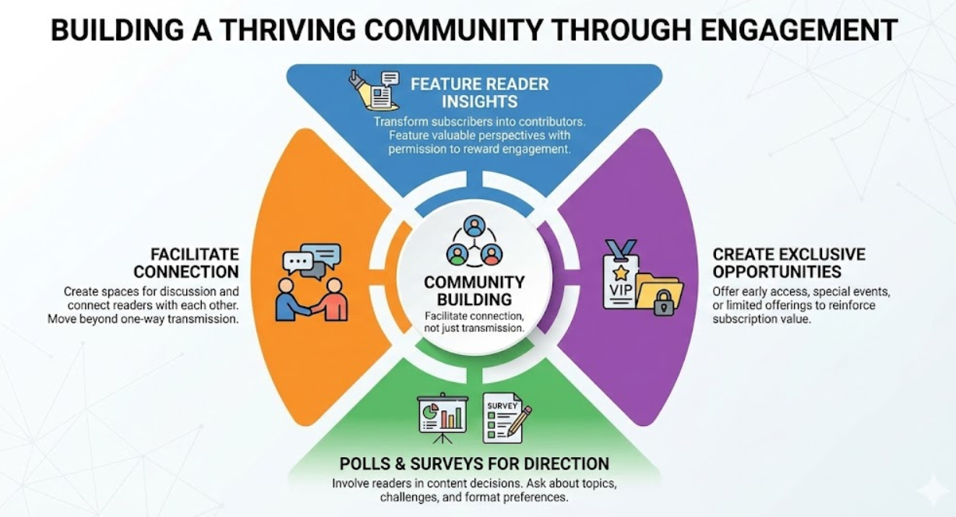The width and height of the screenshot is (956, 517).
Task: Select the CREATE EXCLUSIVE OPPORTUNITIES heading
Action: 788,263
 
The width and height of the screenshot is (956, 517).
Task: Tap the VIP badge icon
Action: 621,275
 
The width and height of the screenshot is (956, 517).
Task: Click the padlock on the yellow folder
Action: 664,304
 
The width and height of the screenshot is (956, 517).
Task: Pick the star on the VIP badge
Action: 620,273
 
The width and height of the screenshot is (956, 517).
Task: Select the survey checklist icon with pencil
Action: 506,417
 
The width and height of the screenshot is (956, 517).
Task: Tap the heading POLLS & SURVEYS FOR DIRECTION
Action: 474,463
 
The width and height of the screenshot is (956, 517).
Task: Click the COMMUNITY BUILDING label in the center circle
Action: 474,290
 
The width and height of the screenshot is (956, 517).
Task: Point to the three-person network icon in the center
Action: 474,241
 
